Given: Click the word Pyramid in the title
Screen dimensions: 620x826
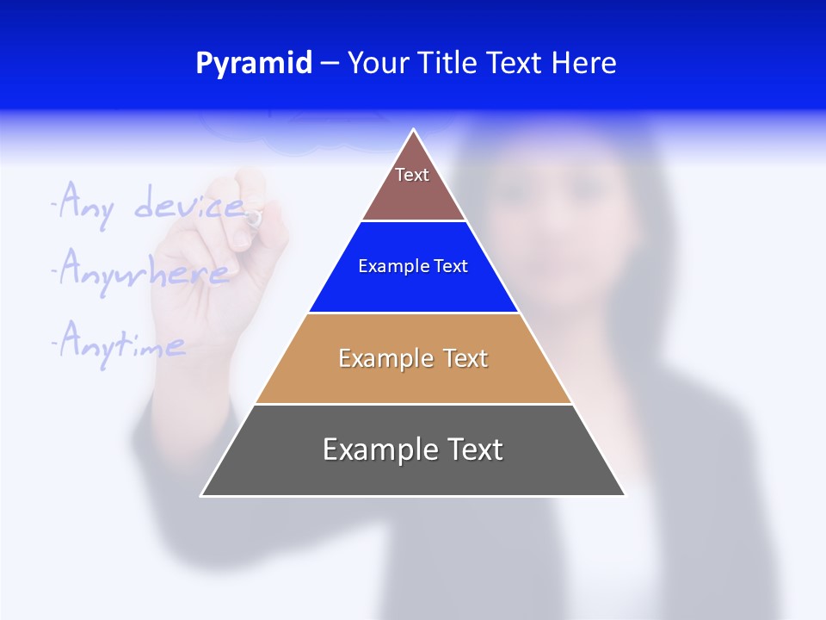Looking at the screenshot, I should point(253,64).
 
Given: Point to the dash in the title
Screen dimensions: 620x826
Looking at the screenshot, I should point(330,64).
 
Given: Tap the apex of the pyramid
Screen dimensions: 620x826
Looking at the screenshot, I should point(414,132).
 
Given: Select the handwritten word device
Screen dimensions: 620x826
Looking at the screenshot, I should point(189,205).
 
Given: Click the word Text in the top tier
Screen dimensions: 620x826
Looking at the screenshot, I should point(412,175).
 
